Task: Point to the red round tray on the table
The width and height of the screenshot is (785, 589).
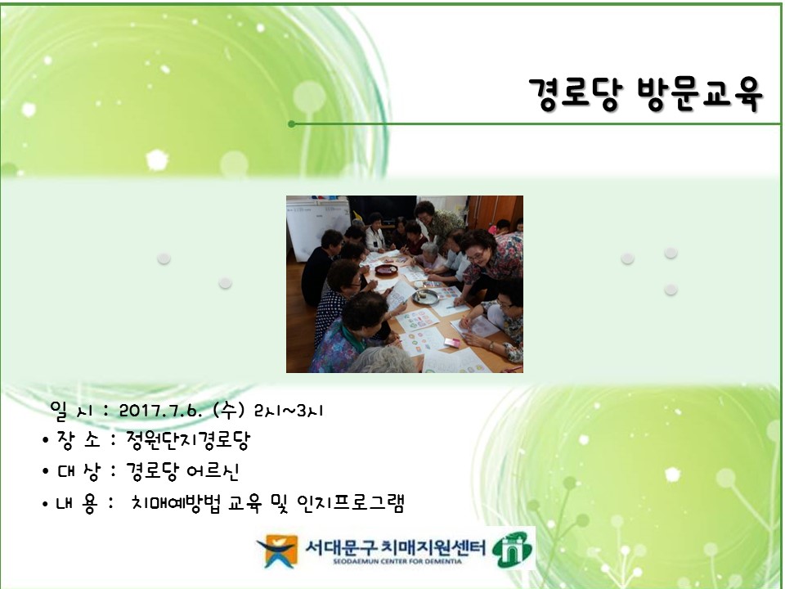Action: tap(386, 269)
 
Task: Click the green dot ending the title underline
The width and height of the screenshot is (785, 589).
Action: tap(291, 124)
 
